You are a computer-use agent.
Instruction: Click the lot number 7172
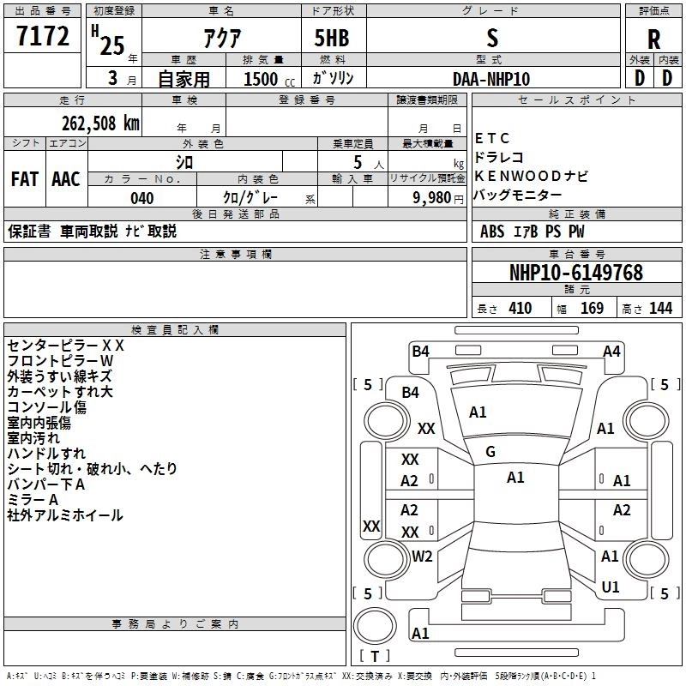pyautogui.click(x=43, y=36)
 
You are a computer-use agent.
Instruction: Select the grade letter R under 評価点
pyautogui.click(x=653, y=39)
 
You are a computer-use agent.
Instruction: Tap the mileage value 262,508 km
pyautogui.click(x=100, y=123)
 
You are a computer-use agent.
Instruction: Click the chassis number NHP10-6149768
pyautogui.click(x=576, y=273)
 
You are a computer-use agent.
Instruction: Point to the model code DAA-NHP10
pyautogui.click(x=491, y=79)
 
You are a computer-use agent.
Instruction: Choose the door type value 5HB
pyautogui.click(x=332, y=38)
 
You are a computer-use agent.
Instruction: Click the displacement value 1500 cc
pyautogui.click(x=269, y=79)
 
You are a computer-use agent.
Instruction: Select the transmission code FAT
pyautogui.click(x=25, y=179)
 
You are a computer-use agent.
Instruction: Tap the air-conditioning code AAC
pyautogui.click(x=66, y=179)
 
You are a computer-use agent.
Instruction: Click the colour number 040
pyautogui.click(x=142, y=198)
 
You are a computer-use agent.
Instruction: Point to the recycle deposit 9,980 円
pyautogui.click(x=438, y=198)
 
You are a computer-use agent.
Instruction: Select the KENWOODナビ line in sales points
pyautogui.click(x=531, y=176)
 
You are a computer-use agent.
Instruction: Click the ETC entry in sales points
pyautogui.click(x=491, y=138)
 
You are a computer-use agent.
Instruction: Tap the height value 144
pyautogui.click(x=660, y=309)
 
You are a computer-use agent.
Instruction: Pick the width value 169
pyautogui.click(x=592, y=309)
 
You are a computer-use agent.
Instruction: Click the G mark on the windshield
pyautogui.click(x=490, y=452)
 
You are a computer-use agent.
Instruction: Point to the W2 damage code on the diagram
pyautogui.click(x=422, y=557)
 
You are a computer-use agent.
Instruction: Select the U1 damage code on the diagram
pyautogui.click(x=611, y=587)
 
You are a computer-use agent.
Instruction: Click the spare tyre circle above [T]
pyautogui.click(x=375, y=625)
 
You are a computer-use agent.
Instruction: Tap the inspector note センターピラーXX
pyautogui.click(x=66, y=346)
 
